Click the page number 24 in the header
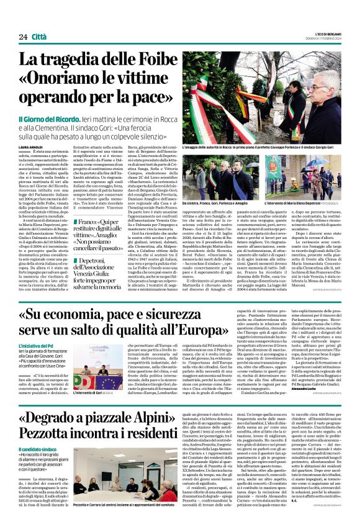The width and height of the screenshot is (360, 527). point(22,37)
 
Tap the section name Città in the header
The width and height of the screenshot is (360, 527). point(42,37)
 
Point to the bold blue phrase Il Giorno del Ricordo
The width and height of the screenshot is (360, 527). point(60,118)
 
